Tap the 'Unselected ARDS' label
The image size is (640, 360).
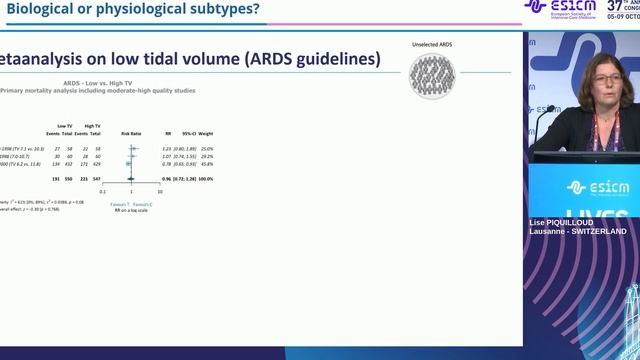432,46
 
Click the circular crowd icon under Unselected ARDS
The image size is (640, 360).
432,76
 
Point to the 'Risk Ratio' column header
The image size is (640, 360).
132,132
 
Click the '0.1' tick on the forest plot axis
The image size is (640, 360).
103,191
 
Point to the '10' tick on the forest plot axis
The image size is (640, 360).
160,191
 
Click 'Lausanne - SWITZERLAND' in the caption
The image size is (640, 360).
578,231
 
